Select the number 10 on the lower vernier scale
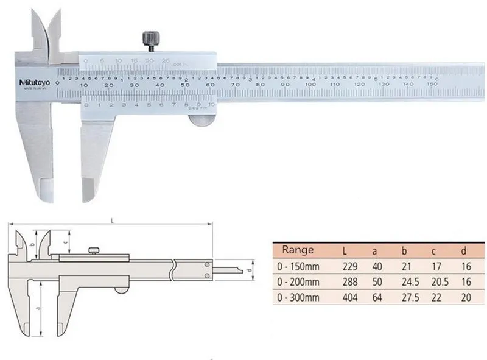211,105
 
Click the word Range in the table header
298,250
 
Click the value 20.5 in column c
436,283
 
